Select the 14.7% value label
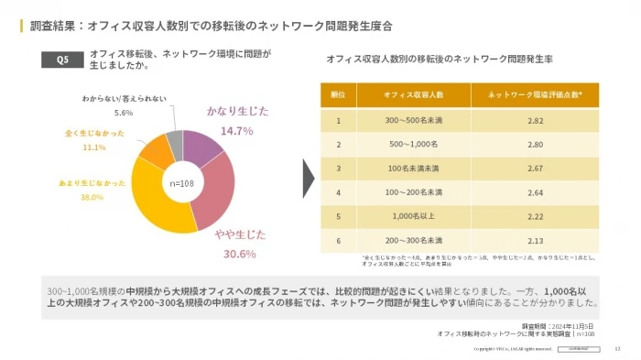[x=236, y=131]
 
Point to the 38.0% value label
[x=92, y=197]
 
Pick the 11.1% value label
[x=94, y=147]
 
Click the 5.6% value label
[x=124, y=113]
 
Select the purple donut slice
[x=203, y=147]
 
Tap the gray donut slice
[x=174, y=140]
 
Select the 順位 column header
[x=338, y=94]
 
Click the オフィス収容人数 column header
[x=413, y=94]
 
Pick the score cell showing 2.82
[x=536, y=120]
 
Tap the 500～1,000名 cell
[x=413, y=144]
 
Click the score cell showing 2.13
[x=536, y=241]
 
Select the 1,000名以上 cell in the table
[x=413, y=216]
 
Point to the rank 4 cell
[x=338, y=192]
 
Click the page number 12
[x=617, y=349]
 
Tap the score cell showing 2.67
[x=536, y=169]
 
